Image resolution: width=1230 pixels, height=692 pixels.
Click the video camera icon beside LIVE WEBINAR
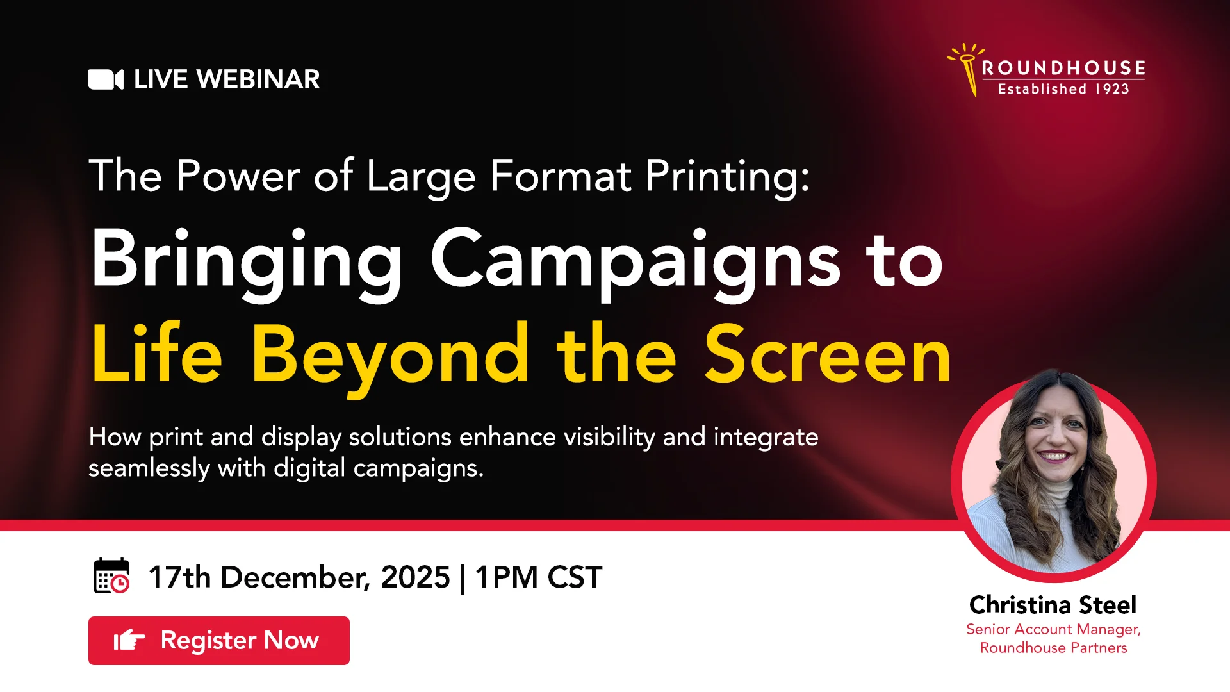point(105,79)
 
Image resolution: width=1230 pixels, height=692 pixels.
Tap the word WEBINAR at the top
point(258,79)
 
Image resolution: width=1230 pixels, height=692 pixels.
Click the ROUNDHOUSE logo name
point(1063,68)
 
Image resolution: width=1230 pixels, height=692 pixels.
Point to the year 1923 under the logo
point(1112,89)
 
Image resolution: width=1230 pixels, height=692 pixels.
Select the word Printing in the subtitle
point(726,176)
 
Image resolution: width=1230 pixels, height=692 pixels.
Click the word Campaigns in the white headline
point(635,260)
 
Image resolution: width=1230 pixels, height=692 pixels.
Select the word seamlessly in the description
point(149,468)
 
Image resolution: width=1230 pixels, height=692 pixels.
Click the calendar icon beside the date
point(111,576)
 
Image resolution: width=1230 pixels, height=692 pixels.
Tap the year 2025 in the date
point(415,577)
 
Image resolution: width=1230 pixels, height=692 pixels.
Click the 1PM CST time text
point(538,577)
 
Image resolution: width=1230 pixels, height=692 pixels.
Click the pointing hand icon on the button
point(129,640)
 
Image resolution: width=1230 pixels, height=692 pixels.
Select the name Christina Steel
point(1053,605)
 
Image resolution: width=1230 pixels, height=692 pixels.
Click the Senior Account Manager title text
point(1053,629)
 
